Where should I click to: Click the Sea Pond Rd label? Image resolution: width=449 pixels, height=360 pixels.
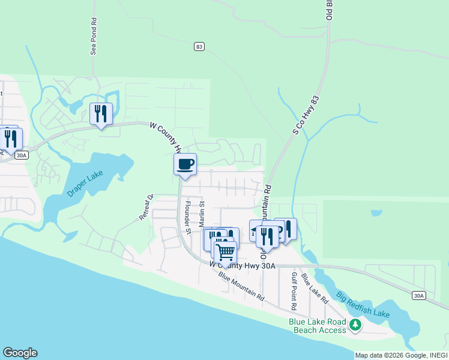click(94, 40)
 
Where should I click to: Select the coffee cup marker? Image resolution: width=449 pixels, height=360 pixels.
click(185, 164)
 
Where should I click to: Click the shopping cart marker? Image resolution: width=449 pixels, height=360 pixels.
click(225, 251)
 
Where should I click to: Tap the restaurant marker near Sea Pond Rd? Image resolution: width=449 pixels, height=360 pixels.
click(100, 113)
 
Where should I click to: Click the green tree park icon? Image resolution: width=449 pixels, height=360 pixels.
click(356, 325)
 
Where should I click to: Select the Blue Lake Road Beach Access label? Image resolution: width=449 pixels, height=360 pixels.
click(318, 326)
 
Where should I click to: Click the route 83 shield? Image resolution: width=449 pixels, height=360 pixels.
click(199, 46)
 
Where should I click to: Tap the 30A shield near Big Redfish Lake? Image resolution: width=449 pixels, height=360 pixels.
click(419, 295)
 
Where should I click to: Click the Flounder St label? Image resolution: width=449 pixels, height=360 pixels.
click(187, 217)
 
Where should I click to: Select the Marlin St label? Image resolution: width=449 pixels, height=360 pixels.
click(202, 214)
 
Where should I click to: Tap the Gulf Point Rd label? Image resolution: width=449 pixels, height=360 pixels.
click(294, 290)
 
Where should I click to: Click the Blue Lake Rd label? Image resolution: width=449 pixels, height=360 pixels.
click(315, 288)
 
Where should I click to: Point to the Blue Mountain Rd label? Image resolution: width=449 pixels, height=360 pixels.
click(241, 286)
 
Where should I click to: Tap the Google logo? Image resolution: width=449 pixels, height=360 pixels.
click(20, 353)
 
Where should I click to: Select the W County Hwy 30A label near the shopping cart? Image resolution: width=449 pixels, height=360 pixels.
click(242, 265)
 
